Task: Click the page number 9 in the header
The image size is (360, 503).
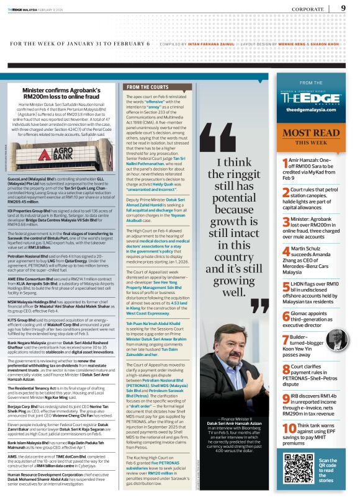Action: [x=343, y=8]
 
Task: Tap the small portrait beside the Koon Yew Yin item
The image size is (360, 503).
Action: [x=336, y=340]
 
